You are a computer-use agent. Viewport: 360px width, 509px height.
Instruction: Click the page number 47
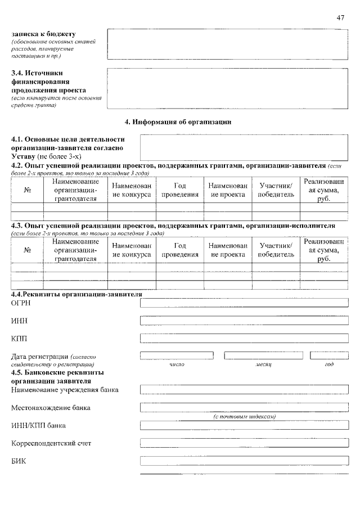tap(340, 18)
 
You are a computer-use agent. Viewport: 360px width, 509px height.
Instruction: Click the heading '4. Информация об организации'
tap(178, 121)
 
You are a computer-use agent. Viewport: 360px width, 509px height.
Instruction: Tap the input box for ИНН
tap(244, 321)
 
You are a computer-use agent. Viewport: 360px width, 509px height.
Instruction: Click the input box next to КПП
tap(244, 338)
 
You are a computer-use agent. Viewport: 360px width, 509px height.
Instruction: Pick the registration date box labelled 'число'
tap(177, 355)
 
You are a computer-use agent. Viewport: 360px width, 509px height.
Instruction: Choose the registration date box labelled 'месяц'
tap(264, 355)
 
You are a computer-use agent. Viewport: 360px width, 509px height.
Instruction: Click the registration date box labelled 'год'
tap(329, 355)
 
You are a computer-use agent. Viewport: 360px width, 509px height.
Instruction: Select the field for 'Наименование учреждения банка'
tap(244, 389)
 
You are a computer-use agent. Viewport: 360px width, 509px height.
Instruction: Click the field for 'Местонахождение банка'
tap(244, 407)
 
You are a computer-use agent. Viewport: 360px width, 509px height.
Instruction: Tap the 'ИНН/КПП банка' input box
tap(244, 425)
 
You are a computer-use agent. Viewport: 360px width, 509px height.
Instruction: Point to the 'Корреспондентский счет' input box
tap(244, 443)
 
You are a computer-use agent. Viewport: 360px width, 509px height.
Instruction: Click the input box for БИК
tap(244, 461)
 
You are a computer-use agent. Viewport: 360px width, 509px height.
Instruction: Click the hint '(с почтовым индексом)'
tap(245, 416)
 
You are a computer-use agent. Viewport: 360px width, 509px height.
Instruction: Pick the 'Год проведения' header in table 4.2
tap(180, 190)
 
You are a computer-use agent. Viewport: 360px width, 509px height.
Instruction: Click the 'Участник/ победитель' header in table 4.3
tap(276, 250)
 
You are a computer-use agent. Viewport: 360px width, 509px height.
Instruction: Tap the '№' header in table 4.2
tap(28, 190)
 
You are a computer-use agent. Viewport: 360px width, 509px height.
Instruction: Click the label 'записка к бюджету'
tap(43, 34)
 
